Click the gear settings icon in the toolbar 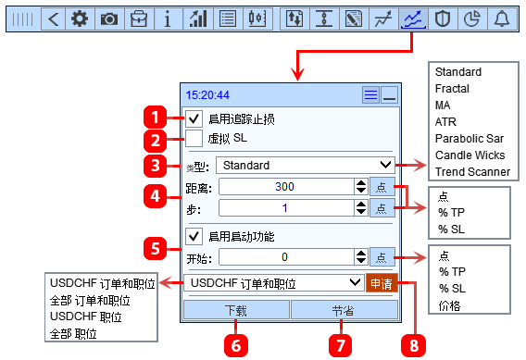point(80,19)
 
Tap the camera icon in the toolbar point(109,19)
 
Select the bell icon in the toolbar point(502,19)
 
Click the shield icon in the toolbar point(443,19)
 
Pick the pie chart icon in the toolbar point(472,19)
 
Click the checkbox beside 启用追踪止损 point(194,118)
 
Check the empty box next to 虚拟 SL point(194,138)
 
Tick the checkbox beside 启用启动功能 point(194,236)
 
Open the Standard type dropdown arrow point(386,165)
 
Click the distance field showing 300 point(286,186)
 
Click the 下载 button point(236,310)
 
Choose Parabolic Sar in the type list point(470,139)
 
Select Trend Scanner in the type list point(472,171)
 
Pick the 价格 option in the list point(449,305)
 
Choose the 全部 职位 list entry point(73,333)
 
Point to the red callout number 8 point(414,345)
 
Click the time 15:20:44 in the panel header point(207,95)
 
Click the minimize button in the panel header point(390,95)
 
